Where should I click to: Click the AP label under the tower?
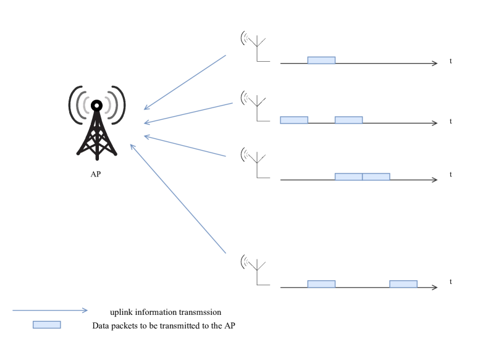point(96,174)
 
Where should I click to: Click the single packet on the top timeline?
point(321,60)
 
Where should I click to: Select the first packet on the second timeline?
point(294,120)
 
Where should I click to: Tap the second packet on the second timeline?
point(348,120)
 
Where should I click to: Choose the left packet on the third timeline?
point(348,177)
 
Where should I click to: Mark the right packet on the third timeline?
point(376,177)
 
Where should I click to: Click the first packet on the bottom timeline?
point(321,284)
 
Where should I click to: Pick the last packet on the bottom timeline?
point(403,284)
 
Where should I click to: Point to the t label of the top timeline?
point(451,62)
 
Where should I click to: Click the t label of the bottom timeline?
point(451,282)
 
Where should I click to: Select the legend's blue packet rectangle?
point(46,325)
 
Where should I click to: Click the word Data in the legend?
point(100,325)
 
